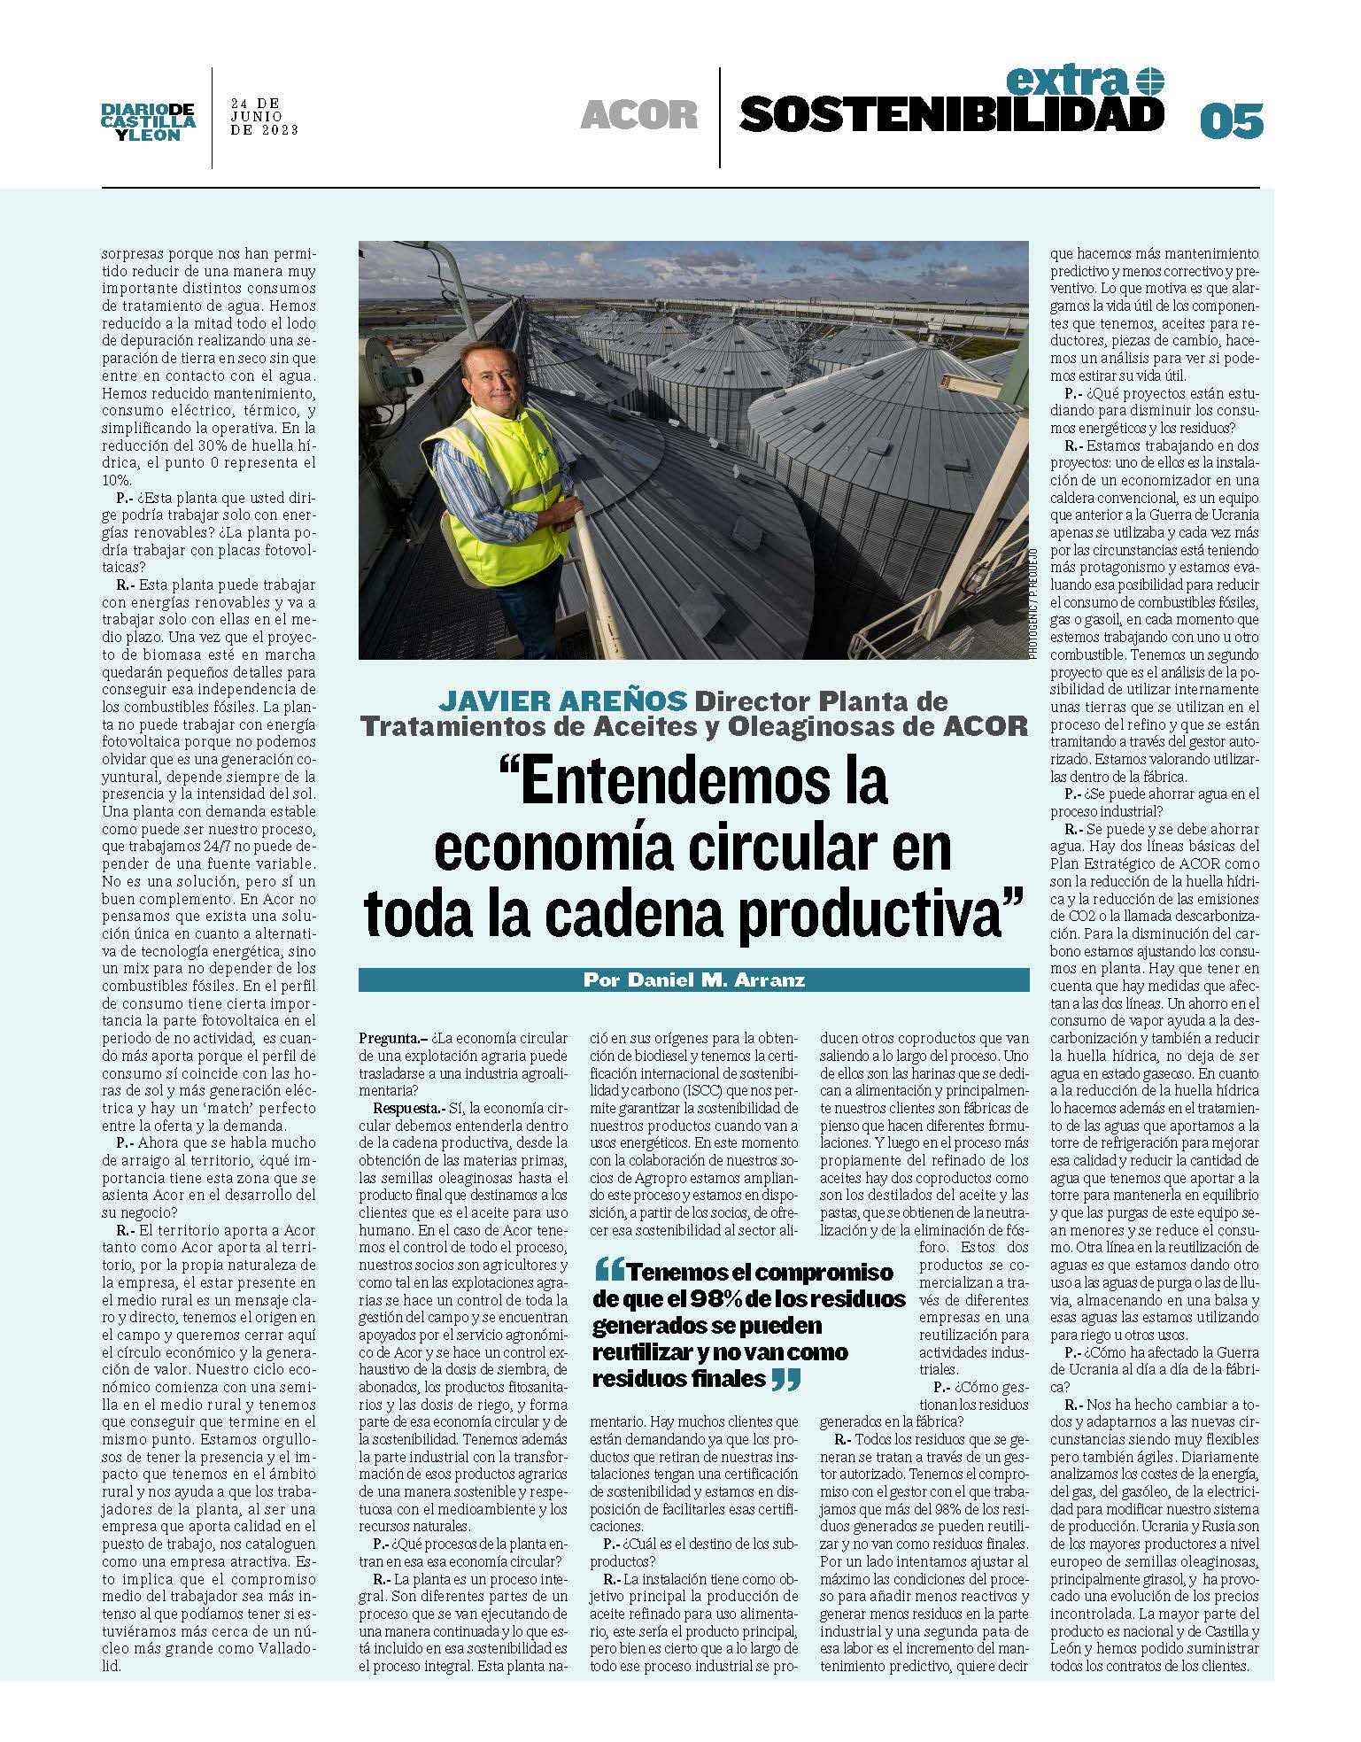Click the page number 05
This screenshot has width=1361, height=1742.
[x=1230, y=120]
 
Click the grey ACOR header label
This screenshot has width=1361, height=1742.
[x=638, y=115]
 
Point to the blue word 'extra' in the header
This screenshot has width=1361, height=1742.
[x=1067, y=82]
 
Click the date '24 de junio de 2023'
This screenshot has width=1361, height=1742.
[x=264, y=116]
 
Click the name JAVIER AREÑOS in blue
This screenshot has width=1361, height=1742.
[x=563, y=701]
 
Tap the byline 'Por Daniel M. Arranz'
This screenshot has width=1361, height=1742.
[x=693, y=980]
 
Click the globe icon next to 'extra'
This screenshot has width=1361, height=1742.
[x=1148, y=81]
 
